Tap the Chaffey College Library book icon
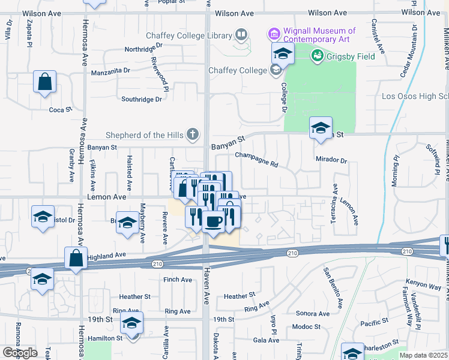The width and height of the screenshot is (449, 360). click(x=241, y=35)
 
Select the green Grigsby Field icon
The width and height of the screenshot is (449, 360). click(x=318, y=56)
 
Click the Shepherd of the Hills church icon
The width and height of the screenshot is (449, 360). click(x=192, y=134)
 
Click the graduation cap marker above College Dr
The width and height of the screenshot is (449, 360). click(x=283, y=53)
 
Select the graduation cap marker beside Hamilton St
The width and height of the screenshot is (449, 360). click(x=131, y=323)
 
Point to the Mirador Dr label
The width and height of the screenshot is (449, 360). click(x=331, y=160)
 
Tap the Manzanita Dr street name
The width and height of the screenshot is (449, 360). click(x=110, y=71)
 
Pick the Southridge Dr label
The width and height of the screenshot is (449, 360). click(x=142, y=100)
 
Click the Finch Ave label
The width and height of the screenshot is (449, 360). click(x=177, y=280)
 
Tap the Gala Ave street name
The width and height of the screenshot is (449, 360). click(x=266, y=340)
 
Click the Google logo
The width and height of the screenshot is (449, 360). click(x=20, y=353)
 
